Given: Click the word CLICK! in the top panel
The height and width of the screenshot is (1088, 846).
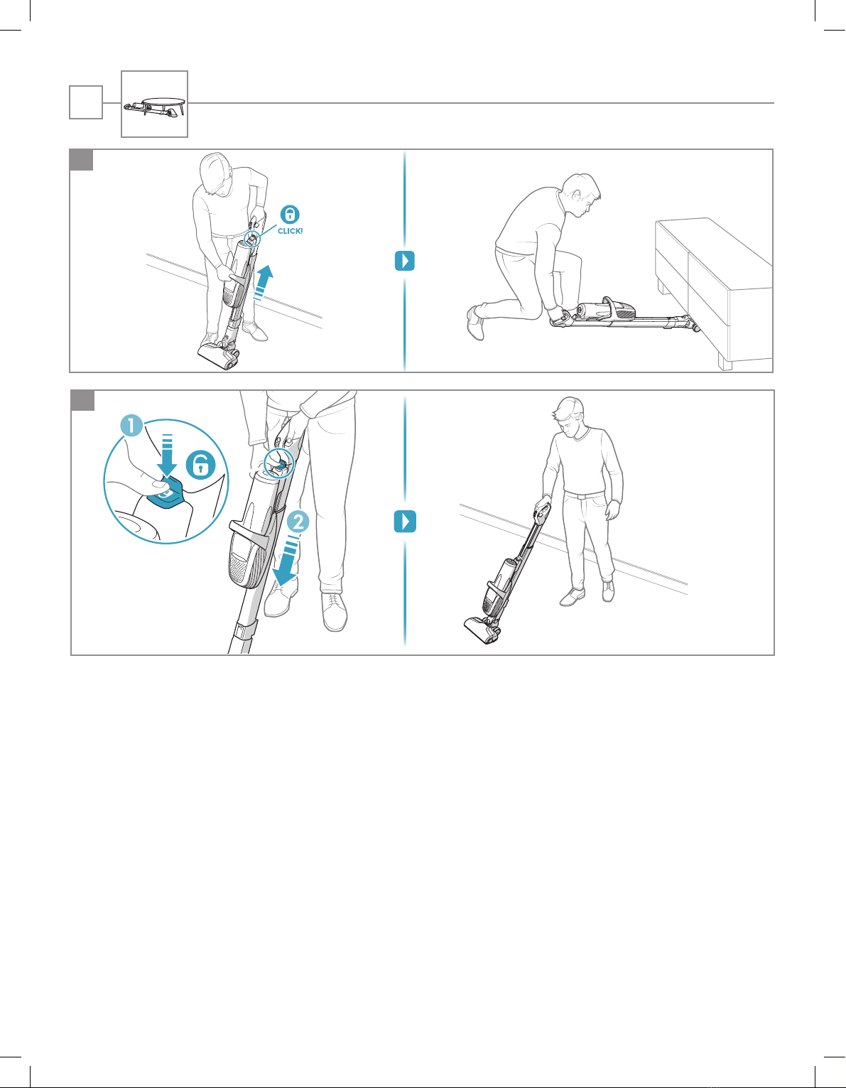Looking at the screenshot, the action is click(x=291, y=231).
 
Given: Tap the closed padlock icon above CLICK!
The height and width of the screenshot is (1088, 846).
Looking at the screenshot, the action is click(x=290, y=215).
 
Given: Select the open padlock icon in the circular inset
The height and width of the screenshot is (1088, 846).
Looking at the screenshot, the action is click(x=200, y=465).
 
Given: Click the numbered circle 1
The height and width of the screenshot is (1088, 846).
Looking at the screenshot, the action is click(x=132, y=426).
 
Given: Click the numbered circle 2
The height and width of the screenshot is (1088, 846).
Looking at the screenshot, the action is click(x=298, y=522).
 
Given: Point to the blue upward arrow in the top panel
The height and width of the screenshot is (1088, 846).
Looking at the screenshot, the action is click(x=263, y=282).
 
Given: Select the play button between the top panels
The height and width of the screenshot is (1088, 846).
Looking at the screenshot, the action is click(x=405, y=260).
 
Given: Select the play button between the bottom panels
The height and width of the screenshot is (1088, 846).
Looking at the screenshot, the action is click(x=405, y=521).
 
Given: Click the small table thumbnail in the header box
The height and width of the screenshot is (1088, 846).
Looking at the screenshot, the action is click(x=156, y=106).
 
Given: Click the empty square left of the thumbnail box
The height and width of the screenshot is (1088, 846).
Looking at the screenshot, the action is click(x=86, y=102).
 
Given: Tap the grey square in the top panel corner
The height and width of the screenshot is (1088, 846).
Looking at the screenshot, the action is click(x=81, y=160).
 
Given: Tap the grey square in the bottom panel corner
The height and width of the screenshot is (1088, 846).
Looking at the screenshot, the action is click(x=82, y=400).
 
